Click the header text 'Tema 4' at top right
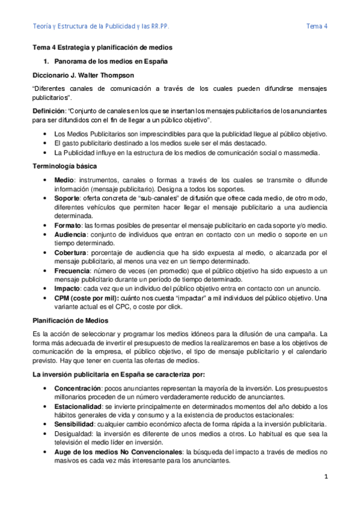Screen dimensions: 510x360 [x=317, y=26]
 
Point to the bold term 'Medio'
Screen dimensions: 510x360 [x=63, y=180]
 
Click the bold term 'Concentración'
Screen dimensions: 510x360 [x=78, y=389]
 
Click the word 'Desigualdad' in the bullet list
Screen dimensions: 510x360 [x=73, y=434]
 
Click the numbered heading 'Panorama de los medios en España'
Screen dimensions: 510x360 [x=111, y=62]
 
